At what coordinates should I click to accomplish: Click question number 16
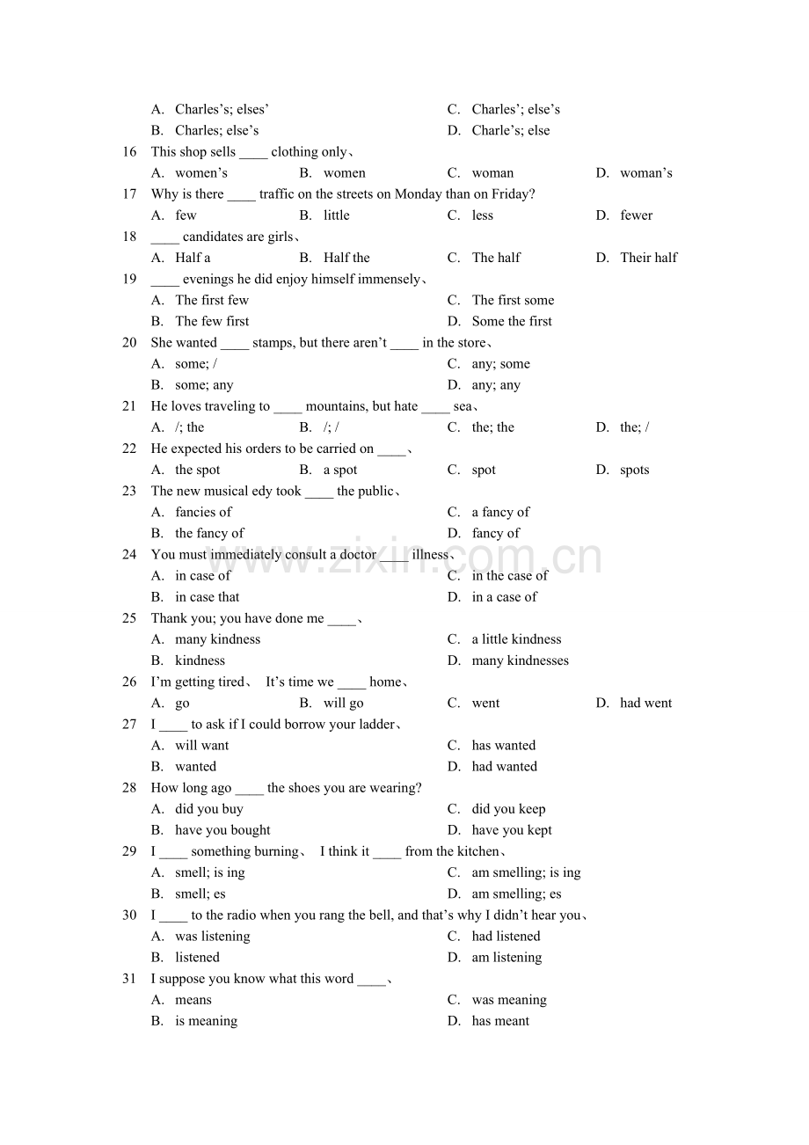[129, 152]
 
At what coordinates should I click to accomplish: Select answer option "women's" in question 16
[201, 173]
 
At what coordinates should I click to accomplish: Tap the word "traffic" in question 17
[280, 194]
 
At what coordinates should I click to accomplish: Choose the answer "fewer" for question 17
[636, 215]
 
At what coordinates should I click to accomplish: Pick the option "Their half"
[648, 258]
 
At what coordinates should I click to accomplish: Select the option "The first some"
[513, 300]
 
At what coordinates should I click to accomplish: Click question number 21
[129, 406]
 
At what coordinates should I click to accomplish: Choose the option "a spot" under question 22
[340, 470]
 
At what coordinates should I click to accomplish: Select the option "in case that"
[208, 597]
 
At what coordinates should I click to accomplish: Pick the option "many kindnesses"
[520, 660]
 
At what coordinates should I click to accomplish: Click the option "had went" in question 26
[645, 703]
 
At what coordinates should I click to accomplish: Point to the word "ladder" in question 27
[374, 725]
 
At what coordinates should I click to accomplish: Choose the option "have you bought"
[222, 830]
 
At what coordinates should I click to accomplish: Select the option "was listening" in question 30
[213, 937]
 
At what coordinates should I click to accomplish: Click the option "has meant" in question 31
[500, 1021]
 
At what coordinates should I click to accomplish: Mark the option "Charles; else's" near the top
[216, 131]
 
